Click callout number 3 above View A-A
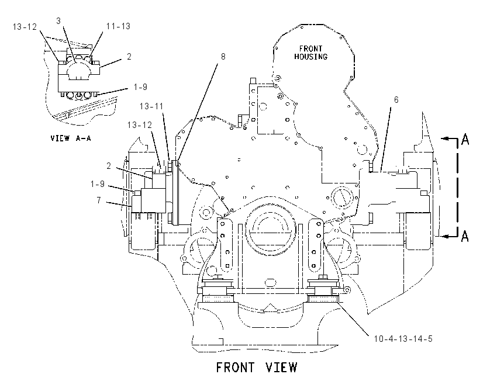click(x=58, y=21)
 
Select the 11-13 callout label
click(x=118, y=26)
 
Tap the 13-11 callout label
click(x=151, y=106)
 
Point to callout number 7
click(x=99, y=200)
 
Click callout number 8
click(x=223, y=57)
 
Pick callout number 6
click(x=396, y=100)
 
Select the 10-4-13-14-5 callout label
click(x=403, y=338)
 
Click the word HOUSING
click(x=310, y=57)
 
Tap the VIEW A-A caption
click(x=71, y=138)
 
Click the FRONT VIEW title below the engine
click(x=257, y=368)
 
